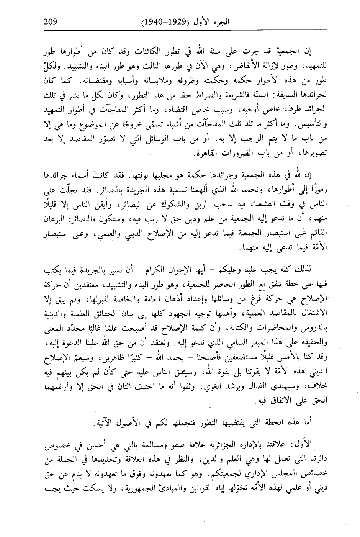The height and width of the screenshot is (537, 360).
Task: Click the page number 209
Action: [x=51, y=21]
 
